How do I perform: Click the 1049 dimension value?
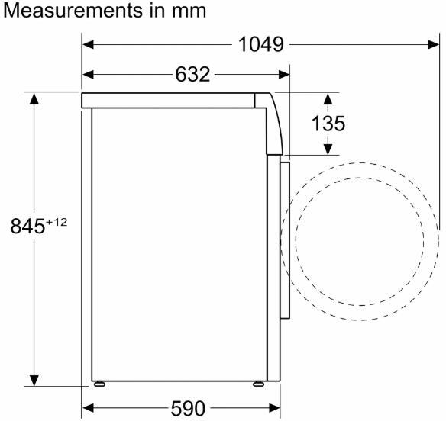[261, 44]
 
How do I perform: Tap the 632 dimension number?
[192, 75]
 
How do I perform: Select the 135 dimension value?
[328, 124]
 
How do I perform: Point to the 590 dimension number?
[188, 409]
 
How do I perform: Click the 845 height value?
[27, 227]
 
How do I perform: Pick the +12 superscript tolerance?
[57, 222]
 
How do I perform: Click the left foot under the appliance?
[99, 384]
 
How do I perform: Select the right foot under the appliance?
[259, 384]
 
